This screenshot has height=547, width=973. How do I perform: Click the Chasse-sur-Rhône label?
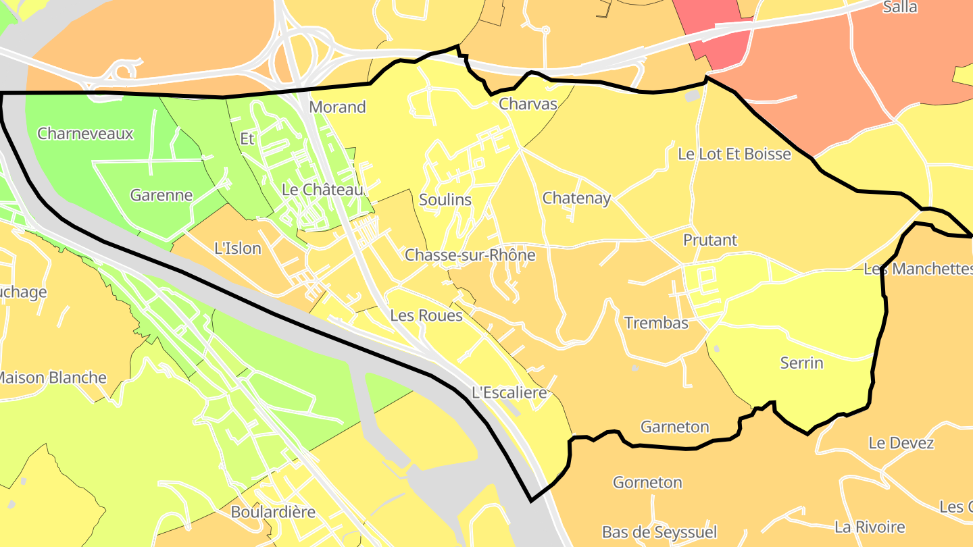pos(470,255)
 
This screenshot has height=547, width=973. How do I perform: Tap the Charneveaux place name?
pos(85,133)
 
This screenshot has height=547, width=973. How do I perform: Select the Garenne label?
pos(161,195)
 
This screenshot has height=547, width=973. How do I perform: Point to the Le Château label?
pos(322,190)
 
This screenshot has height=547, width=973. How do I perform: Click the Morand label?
pos(337,107)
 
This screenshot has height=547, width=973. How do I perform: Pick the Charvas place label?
pos(528,104)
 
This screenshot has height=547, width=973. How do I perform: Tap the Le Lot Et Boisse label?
pos(734,154)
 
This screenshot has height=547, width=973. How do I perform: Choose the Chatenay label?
pos(576,198)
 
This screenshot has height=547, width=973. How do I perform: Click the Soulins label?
pos(445,199)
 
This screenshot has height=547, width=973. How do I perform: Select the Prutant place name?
pos(709,240)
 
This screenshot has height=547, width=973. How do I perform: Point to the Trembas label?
pos(656,323)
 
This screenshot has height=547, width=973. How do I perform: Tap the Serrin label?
pos(801,363)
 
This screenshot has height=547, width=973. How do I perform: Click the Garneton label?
pos(674,427)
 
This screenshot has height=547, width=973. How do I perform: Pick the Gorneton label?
pos(647,482)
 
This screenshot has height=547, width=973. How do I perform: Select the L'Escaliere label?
pos(509,392)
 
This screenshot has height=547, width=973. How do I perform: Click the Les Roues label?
pos(426,315)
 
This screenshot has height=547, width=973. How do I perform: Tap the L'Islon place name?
pos(237,248)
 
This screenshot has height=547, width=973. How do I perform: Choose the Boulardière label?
pos(273,512)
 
